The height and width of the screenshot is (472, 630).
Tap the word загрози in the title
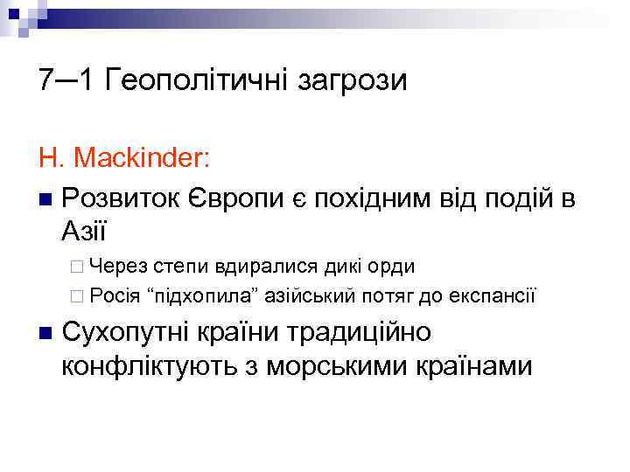[x=349, y=82]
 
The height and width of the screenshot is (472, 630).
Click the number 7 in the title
[x=46, y=80]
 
